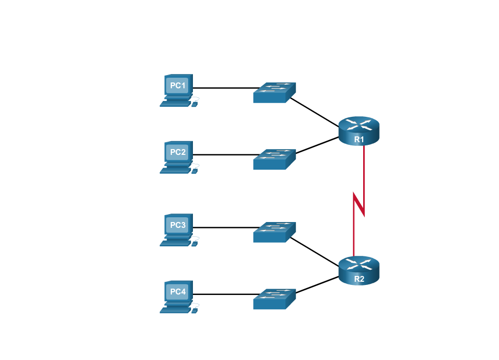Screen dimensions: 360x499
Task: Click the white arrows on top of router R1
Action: pyautogui.click(x=359, y=125)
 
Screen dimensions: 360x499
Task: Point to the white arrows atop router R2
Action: pyautogui.click(x=359, y=264)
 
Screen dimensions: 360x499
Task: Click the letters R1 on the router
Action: pyautogui.click(x=359, y=140)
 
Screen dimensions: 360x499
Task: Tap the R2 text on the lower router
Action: pyautogui.click(x=359, y=279)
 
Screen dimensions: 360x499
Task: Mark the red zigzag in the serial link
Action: pyautogui.click(x=359, y=204)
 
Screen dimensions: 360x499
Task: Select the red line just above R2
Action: pyautogui.click(x=354, y=241)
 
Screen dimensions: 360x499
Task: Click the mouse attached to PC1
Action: pyautogui.click(x=195, y=104)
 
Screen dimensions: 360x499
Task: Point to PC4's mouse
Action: pyautogui.click(x=195, y=310)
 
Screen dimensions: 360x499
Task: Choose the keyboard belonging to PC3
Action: pyautogui.click(x=175, y=244)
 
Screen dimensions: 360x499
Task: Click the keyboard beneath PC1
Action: pyautogui.click(x=175, y=104)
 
